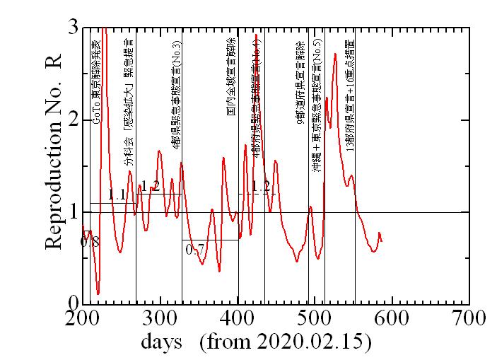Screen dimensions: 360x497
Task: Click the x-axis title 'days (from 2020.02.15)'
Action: [256, 342]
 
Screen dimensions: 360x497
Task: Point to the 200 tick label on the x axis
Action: [83, 319]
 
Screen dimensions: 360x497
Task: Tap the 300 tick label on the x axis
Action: [160, 319]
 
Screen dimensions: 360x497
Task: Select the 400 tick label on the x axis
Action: [238, 319]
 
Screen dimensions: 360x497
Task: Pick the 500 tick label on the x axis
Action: [315, 319]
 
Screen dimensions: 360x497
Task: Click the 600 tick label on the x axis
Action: [392, 319]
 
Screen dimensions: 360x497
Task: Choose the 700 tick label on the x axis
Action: [469, 319]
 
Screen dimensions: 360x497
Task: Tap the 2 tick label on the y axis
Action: [74, 120]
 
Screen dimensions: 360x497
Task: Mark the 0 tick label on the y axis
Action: [74, 303]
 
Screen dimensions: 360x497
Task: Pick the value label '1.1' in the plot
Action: [117, 194]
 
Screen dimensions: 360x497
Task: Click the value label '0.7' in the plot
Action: [194, 249]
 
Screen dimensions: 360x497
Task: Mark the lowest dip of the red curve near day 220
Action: [98, 293]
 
